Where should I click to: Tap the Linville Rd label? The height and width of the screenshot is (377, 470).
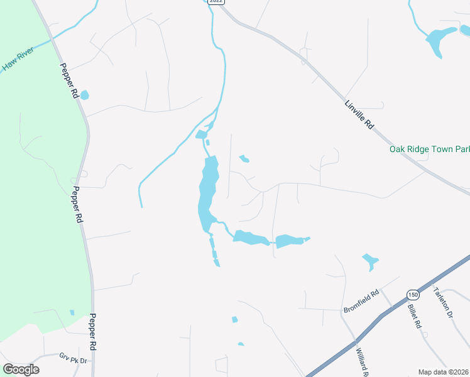tap(359, 114)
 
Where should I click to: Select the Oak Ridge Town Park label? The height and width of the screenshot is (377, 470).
tap(429, 149)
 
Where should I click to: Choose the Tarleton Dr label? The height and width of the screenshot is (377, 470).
tap(443, 302)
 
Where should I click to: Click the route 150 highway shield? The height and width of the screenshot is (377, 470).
tap(412, 295)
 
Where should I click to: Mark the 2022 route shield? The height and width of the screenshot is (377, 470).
tap(216, 1)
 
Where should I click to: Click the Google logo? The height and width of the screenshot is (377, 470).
tap(21, 369)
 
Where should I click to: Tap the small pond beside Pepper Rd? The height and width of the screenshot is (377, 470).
tap(84, 95)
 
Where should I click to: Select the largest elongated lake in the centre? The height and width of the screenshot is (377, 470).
tap(208, 188)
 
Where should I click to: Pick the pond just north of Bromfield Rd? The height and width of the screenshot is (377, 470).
tap(369, 261)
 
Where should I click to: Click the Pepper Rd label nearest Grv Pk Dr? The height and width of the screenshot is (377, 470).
tap(92, 332)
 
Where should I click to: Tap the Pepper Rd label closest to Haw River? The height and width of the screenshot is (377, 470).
tap(68, 80)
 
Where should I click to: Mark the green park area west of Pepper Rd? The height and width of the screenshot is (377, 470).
tap(38, 188)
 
